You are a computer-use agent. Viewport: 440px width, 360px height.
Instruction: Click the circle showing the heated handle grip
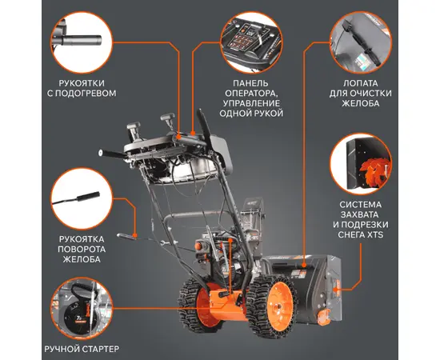tap(82, 42)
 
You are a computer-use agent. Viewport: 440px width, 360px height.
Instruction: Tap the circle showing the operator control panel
tap(251, 42)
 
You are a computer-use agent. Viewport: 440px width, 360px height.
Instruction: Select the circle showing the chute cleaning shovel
tap(361, 42)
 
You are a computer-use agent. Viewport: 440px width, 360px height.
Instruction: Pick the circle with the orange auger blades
tap(361, 164)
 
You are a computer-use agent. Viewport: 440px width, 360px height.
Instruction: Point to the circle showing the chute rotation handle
tap(82, 198)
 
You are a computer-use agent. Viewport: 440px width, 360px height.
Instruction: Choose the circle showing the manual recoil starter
tap(82, 309)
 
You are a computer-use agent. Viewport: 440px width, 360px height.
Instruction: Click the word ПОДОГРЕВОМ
tap(86, 94)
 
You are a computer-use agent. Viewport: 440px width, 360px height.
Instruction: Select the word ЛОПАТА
tap(361, 83)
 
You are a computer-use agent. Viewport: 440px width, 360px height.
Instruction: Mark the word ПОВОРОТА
tap(82, 249)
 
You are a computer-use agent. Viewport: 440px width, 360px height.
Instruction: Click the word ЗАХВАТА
tap(361, 214)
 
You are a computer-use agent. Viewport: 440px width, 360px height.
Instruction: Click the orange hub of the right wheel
tap(279, 306)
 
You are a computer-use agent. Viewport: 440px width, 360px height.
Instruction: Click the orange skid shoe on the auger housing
tap(323, 317)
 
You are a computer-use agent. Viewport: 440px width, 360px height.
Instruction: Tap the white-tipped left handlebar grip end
tap(100, 152)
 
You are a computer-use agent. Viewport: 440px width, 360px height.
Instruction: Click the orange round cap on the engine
tap(198, 246)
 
